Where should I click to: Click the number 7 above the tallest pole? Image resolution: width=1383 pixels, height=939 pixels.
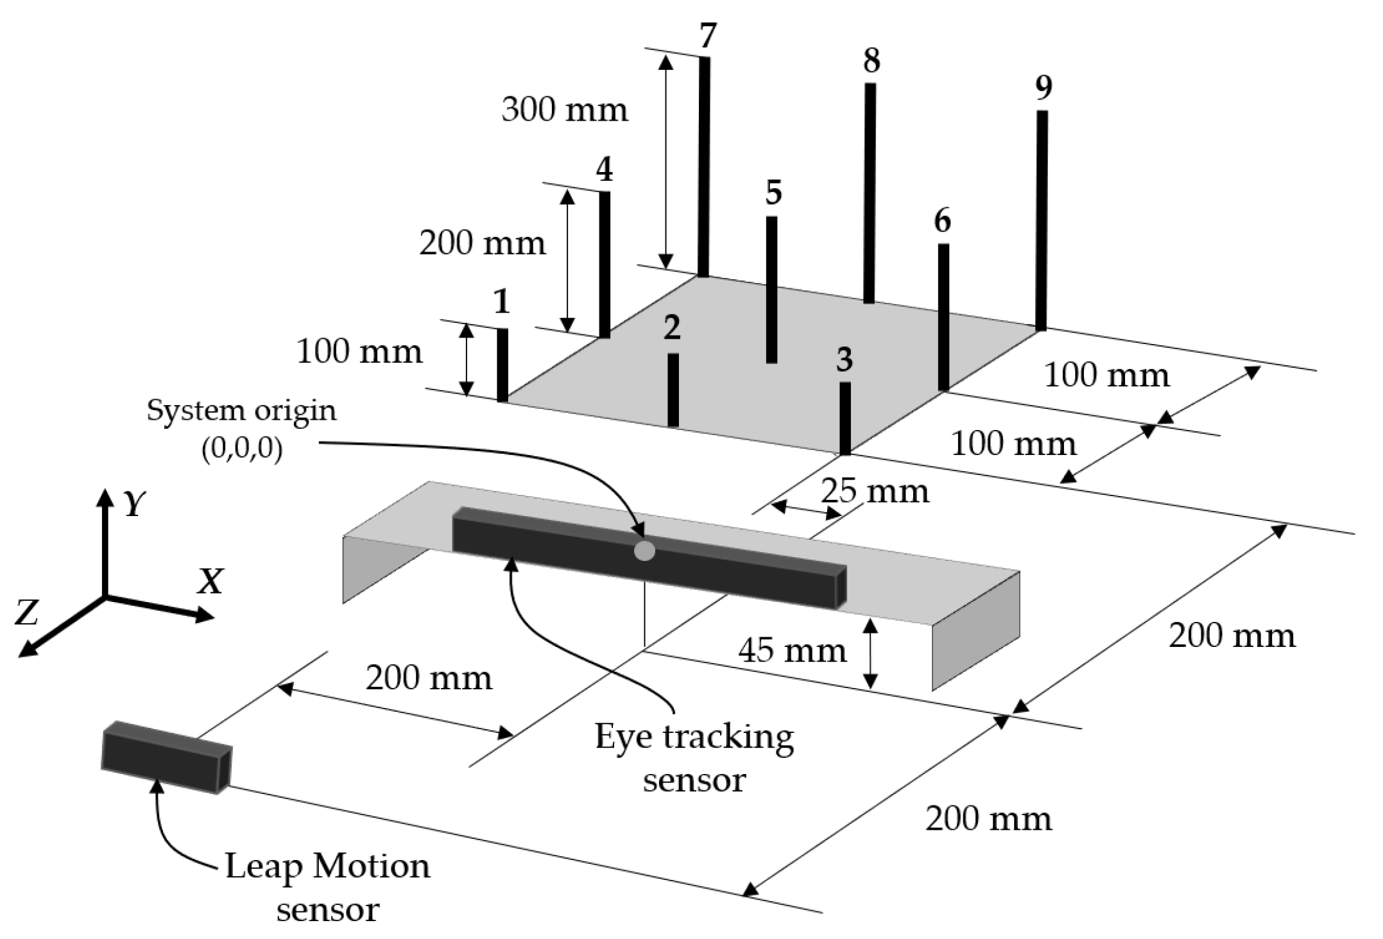pyautogui.click(x=707, y=36)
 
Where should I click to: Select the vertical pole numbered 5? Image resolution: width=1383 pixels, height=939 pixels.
pyautogui.click(x=771, y=289)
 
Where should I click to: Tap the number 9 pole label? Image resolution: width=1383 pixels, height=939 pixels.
pyautogui.click(x=1044, y=87)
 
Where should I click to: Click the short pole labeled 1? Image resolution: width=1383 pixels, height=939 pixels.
pyautogui.click(x=503, y=365)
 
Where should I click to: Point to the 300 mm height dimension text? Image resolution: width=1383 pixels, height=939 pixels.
pyautogui.click(x=565, y=110)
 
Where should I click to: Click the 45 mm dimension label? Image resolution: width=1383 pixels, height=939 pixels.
pyautogui.click(x=793, y=651)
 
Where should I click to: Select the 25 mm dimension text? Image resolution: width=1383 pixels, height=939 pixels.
pyautogui.click(x=875, y=492)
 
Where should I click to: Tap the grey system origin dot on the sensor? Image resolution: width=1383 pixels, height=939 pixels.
pyautogui.click(x=644, y=551)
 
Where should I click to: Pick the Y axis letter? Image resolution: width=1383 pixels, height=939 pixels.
pyautogui.click(x=135, y=504)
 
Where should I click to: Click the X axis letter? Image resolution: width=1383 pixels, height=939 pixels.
pyautogui.click(x=210, y=582)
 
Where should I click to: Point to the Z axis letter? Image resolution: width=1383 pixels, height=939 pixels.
pyautogui.click(x=27, y=612)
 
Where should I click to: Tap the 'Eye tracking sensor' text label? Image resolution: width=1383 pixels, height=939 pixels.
pyautogui.click(x=694, y=758)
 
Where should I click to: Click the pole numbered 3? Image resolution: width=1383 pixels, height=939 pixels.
pyautogui.click(x=845, y=418)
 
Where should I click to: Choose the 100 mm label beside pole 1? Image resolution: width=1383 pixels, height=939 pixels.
pyautogui.click(x=359, y=352)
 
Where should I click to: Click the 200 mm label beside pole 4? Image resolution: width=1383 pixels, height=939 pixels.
pyautogui.click(x=483, y=243)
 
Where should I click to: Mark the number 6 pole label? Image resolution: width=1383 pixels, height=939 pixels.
pyautogui.click(x=942, y=221)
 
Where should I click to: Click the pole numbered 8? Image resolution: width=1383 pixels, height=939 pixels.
pyautogui.click(x=870, y=193)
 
